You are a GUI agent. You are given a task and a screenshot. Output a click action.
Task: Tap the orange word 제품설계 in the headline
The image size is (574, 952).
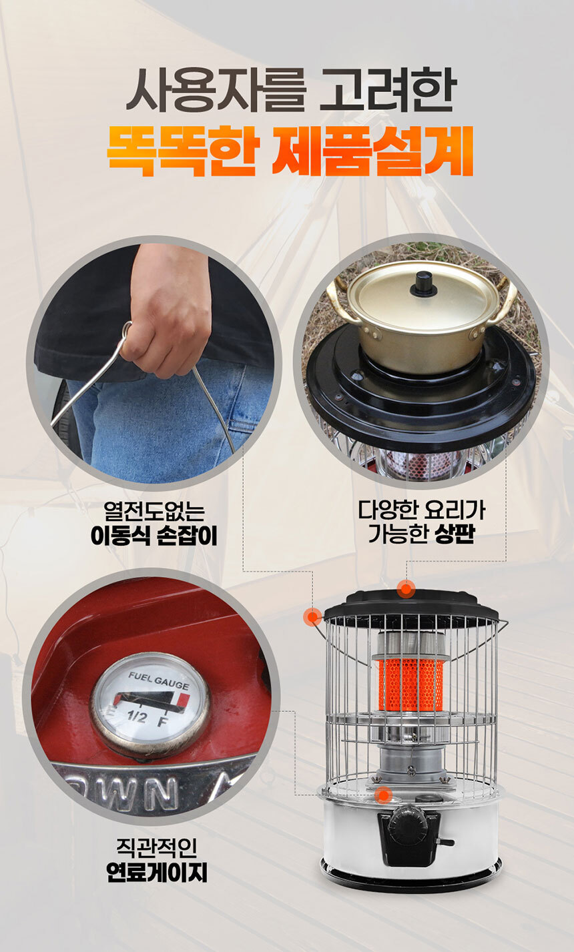point(372,152)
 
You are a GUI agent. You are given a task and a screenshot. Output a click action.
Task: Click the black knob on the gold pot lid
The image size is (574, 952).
point(423,283)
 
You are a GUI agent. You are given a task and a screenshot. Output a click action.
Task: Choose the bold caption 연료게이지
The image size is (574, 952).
point(157,872)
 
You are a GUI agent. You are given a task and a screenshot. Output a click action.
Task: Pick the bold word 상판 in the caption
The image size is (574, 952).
point(454,535)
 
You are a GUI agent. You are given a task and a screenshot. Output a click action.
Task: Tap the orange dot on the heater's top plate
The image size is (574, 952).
point(406,589)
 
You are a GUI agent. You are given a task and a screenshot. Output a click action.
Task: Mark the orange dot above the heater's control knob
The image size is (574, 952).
point(382,794)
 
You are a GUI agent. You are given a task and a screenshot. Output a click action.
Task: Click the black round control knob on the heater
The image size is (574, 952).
point(408,823)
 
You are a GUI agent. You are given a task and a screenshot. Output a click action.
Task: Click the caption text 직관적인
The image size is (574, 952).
point(156,849)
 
